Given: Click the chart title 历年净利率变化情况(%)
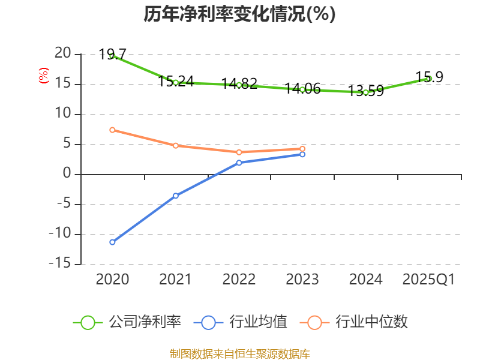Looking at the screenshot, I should pyautogui.click(x=239, y=14).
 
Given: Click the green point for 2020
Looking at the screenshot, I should pyautogui.click(x=112, y=56).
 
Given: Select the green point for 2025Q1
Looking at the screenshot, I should pyautogui.click(x=429, y=79).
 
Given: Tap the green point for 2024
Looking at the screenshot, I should pyautogui.click(x=365, y=92).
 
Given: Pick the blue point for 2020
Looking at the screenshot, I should pyautogui.click(x=112, y=242).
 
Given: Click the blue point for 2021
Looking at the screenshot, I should pyautogui.click(x=176, y=196).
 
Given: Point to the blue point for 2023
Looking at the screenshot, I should pyautogui.click(x=302, y=154).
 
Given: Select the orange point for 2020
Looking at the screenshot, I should pyautogui.click(x=112, y=130).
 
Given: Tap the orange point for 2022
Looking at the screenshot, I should pyautogui.click(x=239, y=152).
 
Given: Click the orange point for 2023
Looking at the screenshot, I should pyautogui.click(x=302, y=148).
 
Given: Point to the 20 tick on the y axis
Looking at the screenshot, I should pyautogui.click(x=62, y=54).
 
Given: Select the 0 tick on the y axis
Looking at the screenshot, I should pyautogui.click(x=67, y=174).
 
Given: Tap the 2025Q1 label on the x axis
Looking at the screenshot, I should pyautogui.click(x=428, y=279).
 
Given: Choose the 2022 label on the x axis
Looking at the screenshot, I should pyautogui.click(x=239, y=279).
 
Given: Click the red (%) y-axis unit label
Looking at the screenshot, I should pyautogui.click(x=43, y=76).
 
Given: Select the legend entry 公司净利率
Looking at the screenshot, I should pyautogui.click(x=127, y=322).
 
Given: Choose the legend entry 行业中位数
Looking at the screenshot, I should pyautogui.click(x=358, y=322).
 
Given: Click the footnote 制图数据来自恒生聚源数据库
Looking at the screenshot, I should pyautogui.click(x=239, y=353).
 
